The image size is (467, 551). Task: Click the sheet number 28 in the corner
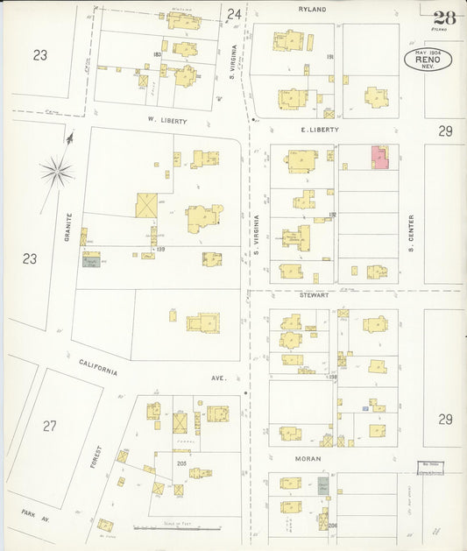(444, 17)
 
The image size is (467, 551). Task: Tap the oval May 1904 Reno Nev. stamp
(428, 60)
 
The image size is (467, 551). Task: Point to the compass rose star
(57, 170)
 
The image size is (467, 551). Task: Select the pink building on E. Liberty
(379, 157)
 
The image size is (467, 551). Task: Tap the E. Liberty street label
(320, 129)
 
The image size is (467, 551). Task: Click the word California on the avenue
(98, 367)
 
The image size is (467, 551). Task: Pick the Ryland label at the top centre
(312, 10)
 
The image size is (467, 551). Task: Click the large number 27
(50, 426)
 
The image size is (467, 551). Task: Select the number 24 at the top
(233, 14)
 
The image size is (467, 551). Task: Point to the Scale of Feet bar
(175, 528)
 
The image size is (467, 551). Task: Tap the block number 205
(181, 463)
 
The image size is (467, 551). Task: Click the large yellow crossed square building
(146, 205)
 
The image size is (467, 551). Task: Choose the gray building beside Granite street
(91, 261)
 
